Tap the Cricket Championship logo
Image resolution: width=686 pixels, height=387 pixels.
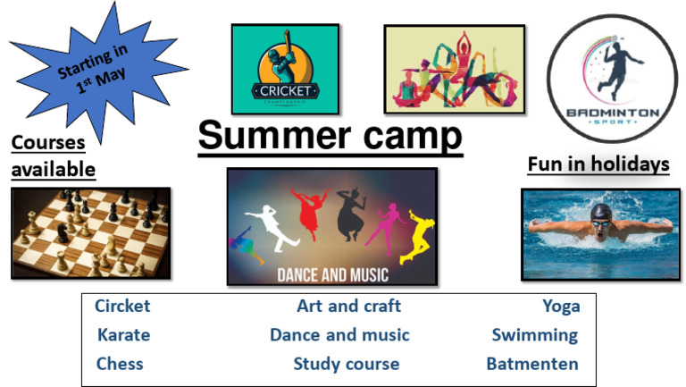point(285,69)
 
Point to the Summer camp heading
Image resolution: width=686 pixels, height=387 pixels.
point(330,137)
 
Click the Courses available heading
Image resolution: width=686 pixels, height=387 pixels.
point(53,156)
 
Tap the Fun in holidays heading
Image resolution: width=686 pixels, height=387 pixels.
point(598,164)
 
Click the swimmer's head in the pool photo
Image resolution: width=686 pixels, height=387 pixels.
point(601,214)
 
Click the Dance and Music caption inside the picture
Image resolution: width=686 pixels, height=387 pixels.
point(332,274)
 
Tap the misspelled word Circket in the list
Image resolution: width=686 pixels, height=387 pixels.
point(122,307)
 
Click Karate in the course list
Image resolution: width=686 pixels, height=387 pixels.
point(123,335)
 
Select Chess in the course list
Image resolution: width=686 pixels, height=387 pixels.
point(120,364)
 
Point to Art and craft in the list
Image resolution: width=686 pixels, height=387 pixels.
point(348,307)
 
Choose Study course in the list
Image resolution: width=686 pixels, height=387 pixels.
point(347,364)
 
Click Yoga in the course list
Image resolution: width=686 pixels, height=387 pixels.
point(561,307)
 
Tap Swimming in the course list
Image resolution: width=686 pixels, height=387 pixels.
point(535,335)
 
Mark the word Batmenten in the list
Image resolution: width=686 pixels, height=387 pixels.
point(532,364)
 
